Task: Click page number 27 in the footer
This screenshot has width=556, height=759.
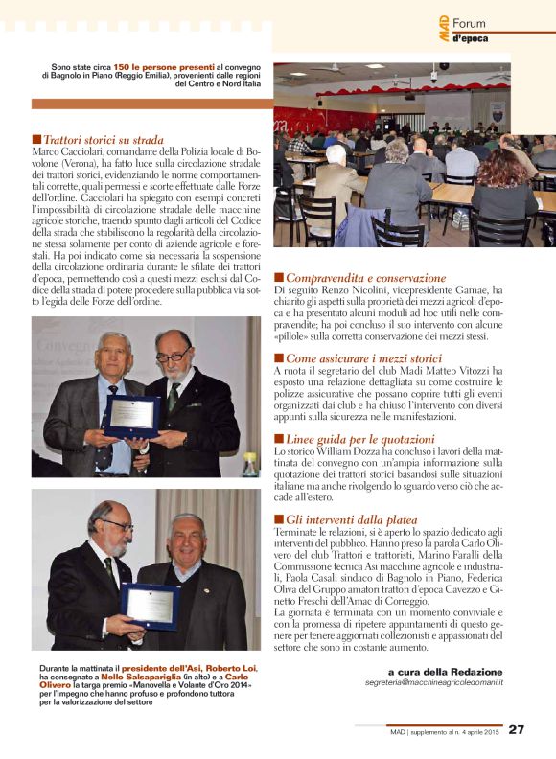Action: (x=517, y=729)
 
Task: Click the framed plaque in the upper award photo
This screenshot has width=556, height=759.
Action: (x=132, y=415)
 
